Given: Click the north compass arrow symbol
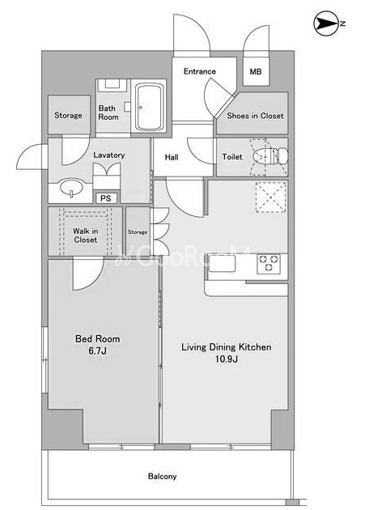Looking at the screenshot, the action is (326, 23).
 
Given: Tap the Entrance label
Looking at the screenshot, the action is (200, 71).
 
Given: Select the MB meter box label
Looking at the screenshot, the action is (256, 71).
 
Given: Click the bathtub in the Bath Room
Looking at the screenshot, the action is (150, 107).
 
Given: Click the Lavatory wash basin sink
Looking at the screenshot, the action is (71, 188).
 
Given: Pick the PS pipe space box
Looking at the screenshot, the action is (106, 198).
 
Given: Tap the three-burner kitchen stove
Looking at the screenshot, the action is (268, 263).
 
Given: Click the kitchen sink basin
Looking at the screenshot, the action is (222, 263).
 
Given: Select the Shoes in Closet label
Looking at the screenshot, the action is (255, 116).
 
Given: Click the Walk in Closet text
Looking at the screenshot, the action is (85, 236).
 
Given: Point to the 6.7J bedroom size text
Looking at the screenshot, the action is (98, 351).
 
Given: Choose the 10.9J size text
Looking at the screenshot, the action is (227, 359).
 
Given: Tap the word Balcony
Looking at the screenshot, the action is (162, 476).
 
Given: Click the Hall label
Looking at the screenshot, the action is (172, 157).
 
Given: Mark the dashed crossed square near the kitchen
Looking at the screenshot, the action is (271, 197).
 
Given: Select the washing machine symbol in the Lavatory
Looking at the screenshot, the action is (106, 176).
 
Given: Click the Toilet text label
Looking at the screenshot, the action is (232, 157).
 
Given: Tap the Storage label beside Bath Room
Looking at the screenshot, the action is (68, 115).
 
